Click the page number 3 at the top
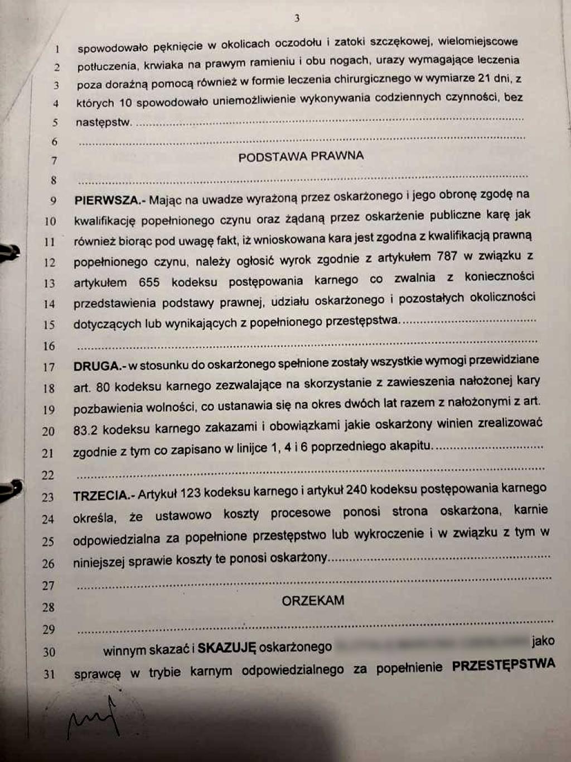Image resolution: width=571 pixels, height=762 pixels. pos(297,18)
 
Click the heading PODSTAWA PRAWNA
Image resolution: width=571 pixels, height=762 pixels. pos(301,157)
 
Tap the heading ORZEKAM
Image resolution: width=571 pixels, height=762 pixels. pos(313,601)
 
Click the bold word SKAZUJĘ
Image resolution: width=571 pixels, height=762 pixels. pos(226,648)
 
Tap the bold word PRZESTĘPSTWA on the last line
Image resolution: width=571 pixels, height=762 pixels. pos(504,665)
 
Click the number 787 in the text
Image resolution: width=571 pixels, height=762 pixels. pos(447,257)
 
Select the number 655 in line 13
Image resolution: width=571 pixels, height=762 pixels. pos(149,282)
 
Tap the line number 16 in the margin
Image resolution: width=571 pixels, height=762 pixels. pos(49,346)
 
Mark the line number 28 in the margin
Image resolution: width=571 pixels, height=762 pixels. pos(49,607)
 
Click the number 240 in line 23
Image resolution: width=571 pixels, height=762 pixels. pos(357,490)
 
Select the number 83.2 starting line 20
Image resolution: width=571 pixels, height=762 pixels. pos(86,430)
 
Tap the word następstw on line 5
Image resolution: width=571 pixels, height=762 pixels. pos(103,122)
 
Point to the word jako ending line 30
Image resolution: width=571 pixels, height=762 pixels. pos(543,640)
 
